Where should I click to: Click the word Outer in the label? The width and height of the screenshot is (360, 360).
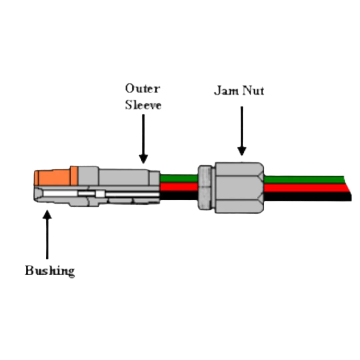143,89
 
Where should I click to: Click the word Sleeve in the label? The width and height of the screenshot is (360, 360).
143,105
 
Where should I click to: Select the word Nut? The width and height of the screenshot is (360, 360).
253,91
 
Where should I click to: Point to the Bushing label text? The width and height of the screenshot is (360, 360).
50,271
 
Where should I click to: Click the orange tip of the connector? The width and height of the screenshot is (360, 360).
53,178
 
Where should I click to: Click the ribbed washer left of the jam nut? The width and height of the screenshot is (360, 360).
204,187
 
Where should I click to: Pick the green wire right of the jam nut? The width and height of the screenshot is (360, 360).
303,179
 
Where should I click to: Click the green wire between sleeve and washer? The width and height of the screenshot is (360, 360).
179,178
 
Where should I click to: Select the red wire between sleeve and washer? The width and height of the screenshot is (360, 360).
179,187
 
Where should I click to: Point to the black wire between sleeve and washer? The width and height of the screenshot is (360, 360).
179,195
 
